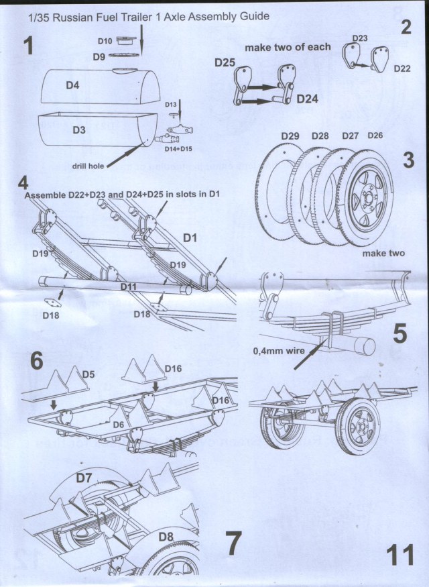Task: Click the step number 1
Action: point(27,46)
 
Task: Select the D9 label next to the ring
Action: point(98,57)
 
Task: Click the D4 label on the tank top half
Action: point(73,86)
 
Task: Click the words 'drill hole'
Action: point(90,166)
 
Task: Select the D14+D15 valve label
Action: point(178,148)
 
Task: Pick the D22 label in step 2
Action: point(402,68)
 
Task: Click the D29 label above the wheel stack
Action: point(290,136)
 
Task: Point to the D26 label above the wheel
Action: point(375,136)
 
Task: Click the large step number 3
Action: point(410,162)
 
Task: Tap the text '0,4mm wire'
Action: point(276,350)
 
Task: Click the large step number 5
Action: point(400,333)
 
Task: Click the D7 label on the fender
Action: point(84,478)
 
